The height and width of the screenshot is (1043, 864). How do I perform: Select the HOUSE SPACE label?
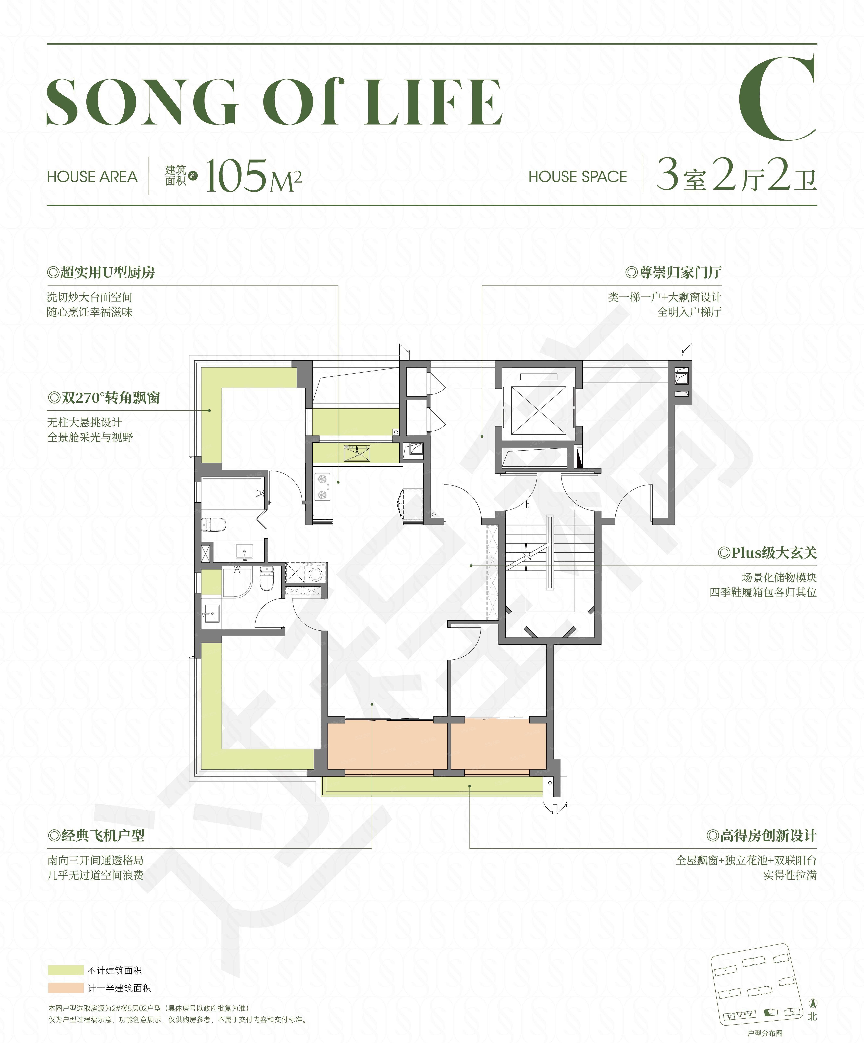578,177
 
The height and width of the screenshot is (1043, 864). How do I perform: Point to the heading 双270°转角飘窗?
104,398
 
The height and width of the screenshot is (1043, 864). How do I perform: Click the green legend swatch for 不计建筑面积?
65,970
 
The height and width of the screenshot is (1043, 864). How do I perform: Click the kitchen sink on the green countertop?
357,453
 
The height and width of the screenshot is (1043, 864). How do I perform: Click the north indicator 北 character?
812,1016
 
